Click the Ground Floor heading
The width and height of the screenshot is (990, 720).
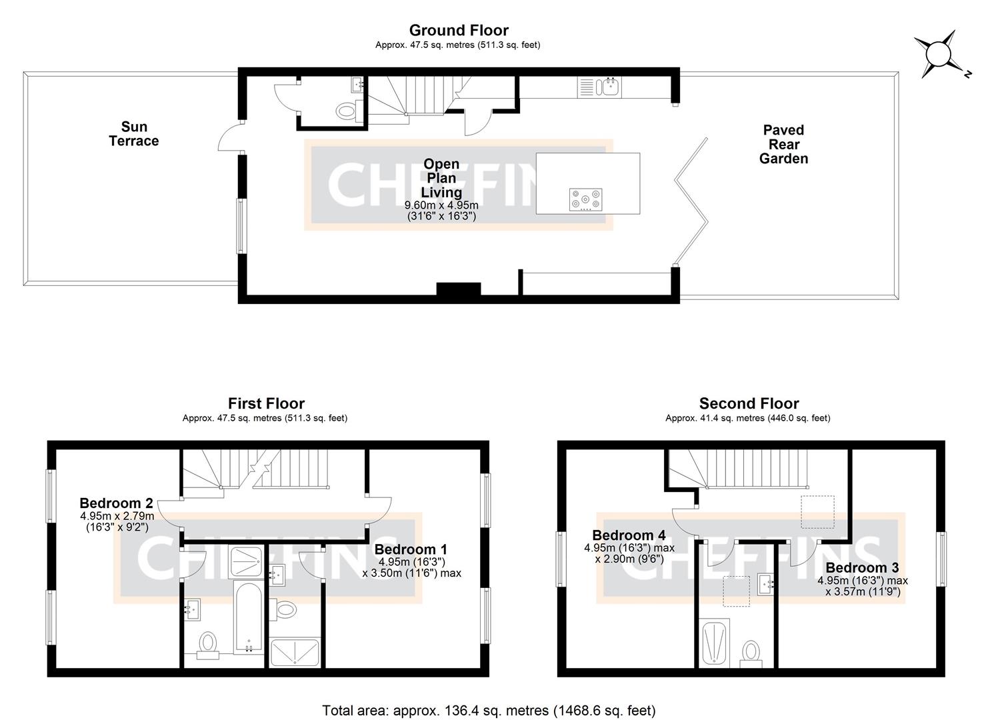458,30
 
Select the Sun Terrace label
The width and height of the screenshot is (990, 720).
134,134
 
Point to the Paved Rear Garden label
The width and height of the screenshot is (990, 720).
783,144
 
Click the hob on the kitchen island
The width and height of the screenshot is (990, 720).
585,199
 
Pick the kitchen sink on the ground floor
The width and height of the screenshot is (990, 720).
609,86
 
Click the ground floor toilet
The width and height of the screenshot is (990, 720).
347,110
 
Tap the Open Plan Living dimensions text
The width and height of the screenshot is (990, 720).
441,211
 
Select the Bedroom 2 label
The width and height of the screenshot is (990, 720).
116,503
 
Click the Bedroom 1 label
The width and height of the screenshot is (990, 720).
411,549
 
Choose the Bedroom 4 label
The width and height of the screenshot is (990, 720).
628,535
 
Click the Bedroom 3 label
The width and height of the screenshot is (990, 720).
862,568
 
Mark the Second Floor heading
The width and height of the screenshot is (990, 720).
749,403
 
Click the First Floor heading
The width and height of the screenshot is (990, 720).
266,403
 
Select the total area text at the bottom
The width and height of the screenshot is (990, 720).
489,710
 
